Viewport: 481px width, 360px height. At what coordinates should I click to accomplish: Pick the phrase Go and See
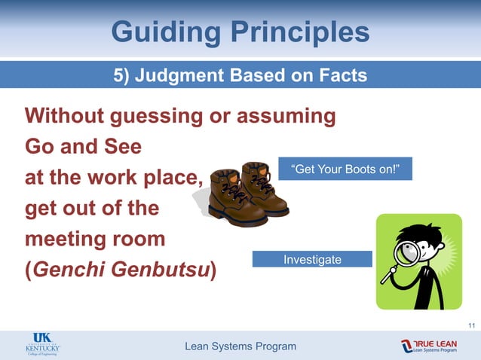point(83,146)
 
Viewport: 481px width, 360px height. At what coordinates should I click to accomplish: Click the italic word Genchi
point(73,269)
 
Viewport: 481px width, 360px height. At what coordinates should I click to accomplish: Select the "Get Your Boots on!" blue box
point(345,168)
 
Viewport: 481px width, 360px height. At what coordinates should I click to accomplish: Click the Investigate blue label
point(312,260)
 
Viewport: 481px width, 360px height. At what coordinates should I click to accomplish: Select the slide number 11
point(471,325)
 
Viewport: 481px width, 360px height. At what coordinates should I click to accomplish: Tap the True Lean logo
point(429,346)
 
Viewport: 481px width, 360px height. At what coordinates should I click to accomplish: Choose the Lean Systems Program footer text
point(240,346)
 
